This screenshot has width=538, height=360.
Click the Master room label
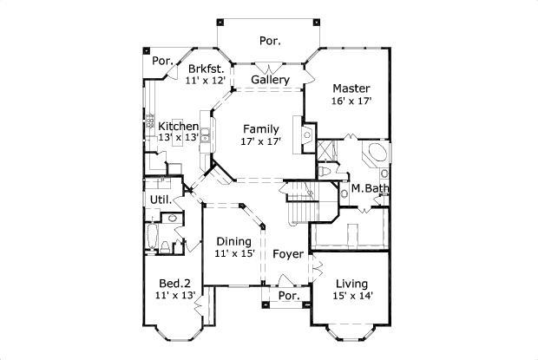[351, 88]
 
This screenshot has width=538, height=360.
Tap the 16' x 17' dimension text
[351, 101]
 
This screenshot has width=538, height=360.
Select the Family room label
[260, 129]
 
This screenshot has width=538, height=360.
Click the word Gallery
[270, 80]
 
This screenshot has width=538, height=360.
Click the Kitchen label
[178, 127]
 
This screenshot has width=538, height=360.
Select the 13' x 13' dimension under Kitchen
[178, 139]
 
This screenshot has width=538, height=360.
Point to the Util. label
[161, 199]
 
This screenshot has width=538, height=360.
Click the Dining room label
[233, 241]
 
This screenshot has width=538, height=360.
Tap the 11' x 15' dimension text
[233, 254]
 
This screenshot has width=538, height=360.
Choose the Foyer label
[287, 255]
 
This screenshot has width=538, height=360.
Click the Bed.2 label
[174, 284]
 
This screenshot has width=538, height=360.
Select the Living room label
[351, 284]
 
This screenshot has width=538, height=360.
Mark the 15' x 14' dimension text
[351, 297]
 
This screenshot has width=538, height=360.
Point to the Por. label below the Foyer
[288, 297]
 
